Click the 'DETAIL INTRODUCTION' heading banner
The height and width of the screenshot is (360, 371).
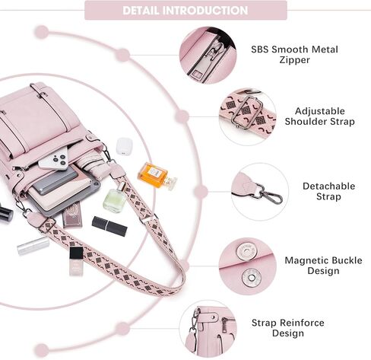pos(185,10)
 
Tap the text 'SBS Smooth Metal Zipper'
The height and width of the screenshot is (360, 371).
pos(294,55)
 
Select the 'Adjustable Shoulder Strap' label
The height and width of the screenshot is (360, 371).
pos(319,116)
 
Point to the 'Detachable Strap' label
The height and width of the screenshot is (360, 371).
pos(328,191)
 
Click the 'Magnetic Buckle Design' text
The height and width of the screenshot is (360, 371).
pos(323,266)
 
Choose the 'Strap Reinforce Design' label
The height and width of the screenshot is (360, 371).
pos(288,328)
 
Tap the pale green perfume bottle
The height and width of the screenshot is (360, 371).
pos(116,199)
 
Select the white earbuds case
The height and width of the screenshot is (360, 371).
pos(125,146)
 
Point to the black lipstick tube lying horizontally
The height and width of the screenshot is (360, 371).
pos(109,226)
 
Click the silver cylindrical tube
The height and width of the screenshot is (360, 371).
pos(33,246)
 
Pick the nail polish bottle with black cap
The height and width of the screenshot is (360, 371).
pos(76,261)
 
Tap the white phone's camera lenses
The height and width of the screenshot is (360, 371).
pos(59,160)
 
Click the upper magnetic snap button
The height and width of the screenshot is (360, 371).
pos(246,250)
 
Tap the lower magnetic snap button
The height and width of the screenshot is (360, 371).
pos(252,278)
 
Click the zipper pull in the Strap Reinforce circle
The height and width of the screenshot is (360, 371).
pos(224,326)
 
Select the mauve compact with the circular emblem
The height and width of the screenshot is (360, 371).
pos(72,215)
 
